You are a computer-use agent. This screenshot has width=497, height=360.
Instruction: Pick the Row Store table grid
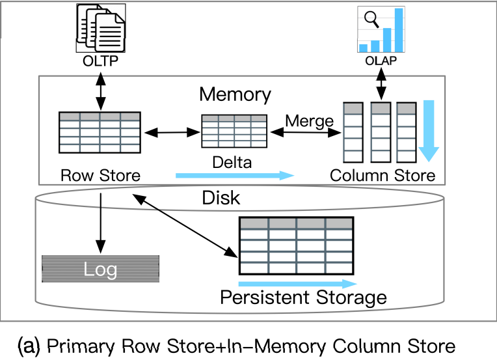click(x=99, y=132)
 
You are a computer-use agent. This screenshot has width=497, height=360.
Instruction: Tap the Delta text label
click(x=232, y=162)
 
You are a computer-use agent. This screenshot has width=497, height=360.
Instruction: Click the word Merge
click(x=310, y=120)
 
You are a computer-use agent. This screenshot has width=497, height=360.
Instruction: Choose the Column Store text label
click(x=383, y=175)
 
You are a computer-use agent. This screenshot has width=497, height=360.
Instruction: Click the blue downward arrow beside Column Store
click(x=429, y=130)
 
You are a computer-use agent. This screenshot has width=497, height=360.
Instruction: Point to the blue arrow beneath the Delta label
click(x=235, y=175)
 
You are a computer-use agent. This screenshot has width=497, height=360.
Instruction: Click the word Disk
click(x=221, y=197)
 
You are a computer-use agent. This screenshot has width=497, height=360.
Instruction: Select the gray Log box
click(x=100, y=269)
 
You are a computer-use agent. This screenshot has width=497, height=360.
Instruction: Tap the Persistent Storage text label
click(x=304, y=298)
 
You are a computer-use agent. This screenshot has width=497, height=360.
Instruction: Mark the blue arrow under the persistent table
click(x=298, y=284)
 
